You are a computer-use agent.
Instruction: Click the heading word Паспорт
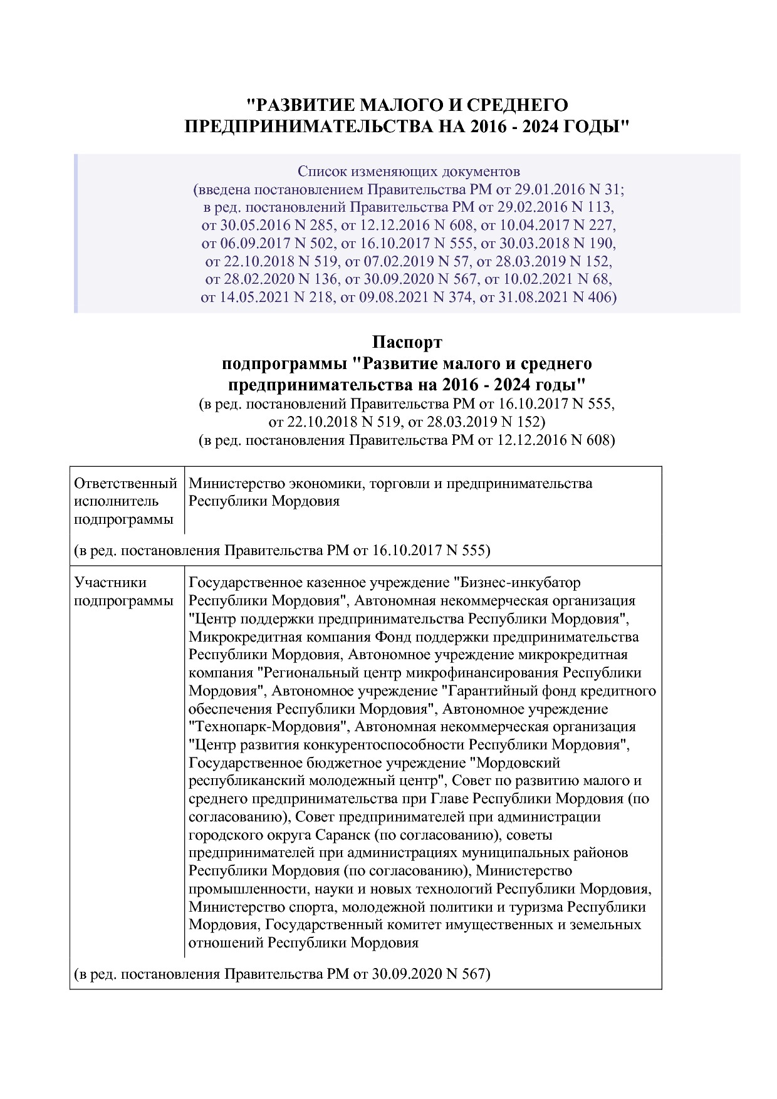(407, 342)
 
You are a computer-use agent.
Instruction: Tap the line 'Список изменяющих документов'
(409, 171)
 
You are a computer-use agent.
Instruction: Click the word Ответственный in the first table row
(125, 483)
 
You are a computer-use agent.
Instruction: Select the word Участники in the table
(110, 582)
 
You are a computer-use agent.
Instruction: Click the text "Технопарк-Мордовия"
(269, 727)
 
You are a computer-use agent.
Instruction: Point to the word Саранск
(343, 835)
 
